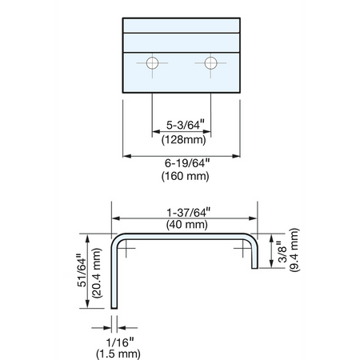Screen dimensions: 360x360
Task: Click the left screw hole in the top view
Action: [x=152, y=63]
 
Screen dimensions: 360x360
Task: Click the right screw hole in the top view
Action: [x=210, y=63]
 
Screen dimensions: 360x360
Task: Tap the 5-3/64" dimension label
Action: [x=186, y=125]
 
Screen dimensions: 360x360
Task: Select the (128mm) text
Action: [x=184, y=140]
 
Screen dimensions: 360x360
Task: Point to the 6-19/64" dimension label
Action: [x=187, y=163]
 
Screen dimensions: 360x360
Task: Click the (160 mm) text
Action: [x=185, y=176]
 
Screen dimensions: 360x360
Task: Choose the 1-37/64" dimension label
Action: [x=189, y=213]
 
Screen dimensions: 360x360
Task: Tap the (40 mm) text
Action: [x=187, y=225]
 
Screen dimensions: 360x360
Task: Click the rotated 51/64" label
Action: [x=82, y=272]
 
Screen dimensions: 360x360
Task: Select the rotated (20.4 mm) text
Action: [x=97, y=273]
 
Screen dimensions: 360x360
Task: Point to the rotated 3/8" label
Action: [x=282, y=251]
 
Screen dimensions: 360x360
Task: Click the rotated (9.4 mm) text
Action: [x=294, y=250]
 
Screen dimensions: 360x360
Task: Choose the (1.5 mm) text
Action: [x=118, y=354]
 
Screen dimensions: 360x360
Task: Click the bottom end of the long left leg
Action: [x=114, y=308]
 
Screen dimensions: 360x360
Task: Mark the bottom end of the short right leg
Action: [x=254, y=268]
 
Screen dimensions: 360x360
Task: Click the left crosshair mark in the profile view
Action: [x=126, y=248]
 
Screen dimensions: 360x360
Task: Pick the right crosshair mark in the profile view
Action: [x=242, y=248]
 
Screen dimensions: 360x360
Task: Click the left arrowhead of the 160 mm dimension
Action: [x=127, y=156]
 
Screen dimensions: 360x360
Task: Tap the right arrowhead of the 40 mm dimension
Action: [x=253, y=218]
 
